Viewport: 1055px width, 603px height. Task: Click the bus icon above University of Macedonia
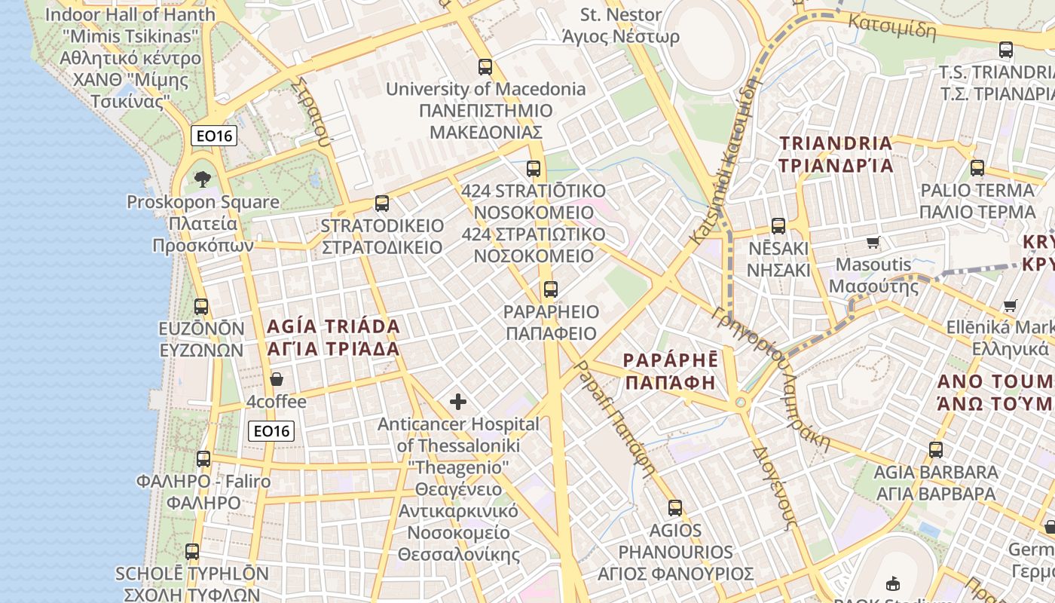coord(485,66)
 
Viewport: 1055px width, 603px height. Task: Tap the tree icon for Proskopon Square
coord(202,179)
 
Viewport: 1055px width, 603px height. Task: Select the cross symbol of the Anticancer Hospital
coord(457,402)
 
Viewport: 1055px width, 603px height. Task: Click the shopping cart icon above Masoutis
coord(873,243)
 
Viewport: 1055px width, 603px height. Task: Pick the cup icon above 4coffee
coord(277,379)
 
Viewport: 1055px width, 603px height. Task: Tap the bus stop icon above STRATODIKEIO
coord(381,204)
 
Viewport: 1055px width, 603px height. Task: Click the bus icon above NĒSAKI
coord(778,226)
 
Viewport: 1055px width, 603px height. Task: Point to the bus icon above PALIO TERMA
coord(977,168)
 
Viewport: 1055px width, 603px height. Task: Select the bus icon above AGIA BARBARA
coord(935,450)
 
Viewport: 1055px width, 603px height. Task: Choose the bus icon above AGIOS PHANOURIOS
coord(675,508)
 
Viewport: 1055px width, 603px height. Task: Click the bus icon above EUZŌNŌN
coord(201,307)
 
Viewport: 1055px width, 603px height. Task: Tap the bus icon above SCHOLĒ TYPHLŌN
coord(192,552)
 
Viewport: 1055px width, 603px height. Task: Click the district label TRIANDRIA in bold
coord(836,143)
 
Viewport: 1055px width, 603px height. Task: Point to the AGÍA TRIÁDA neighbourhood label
coord(333,327)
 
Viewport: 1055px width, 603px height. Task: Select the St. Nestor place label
coord(621,15)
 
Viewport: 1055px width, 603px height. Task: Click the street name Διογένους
coord(775,486)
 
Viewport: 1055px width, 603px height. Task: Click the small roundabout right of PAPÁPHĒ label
coord(741,403)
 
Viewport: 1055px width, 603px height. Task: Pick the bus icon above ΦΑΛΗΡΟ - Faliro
coord(203,459)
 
